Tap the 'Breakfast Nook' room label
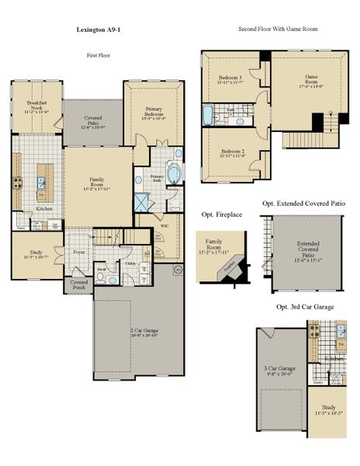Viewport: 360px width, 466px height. point(37,106)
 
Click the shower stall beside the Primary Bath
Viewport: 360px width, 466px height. point(143,203)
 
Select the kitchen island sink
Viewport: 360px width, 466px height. point(42,184)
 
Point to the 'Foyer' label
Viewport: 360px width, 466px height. point(79,252)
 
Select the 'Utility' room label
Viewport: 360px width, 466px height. point(131,265)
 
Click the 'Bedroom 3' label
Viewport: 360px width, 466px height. point(230,79)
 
